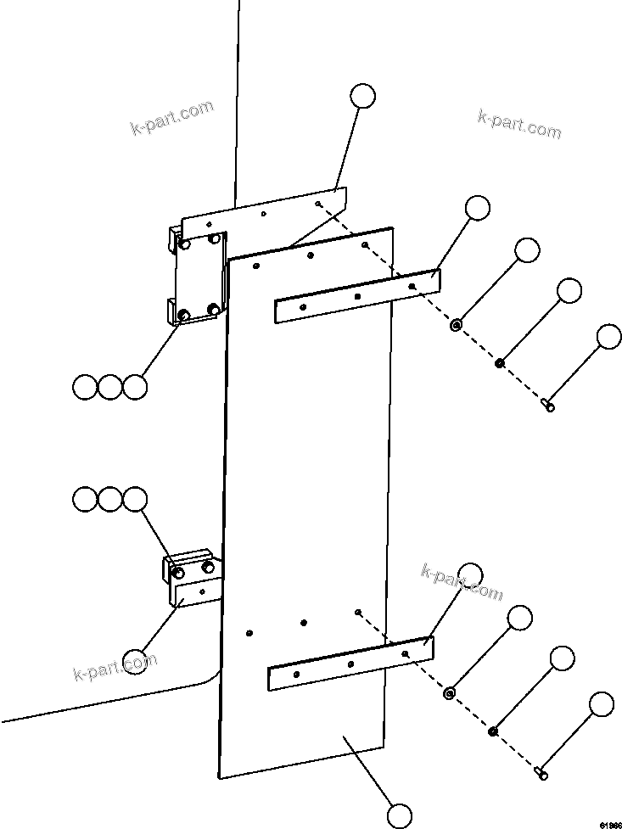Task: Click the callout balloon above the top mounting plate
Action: [363, 96]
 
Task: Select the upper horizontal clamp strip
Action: [356, 297]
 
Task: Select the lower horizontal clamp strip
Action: [350, 664]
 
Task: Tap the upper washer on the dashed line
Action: [456, 324]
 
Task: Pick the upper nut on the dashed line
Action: [500, 364]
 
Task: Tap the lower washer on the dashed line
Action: [450, 693]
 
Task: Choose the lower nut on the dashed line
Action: [493, 731]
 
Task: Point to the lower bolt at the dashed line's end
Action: [541, 772]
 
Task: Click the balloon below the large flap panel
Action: [400, 815]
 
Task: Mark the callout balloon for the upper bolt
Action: [609, 337]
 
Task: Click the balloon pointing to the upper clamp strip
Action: [478, 208]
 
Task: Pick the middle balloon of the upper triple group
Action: [109, 388]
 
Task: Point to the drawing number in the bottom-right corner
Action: [610, 823]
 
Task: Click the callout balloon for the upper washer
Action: [527, 250]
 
